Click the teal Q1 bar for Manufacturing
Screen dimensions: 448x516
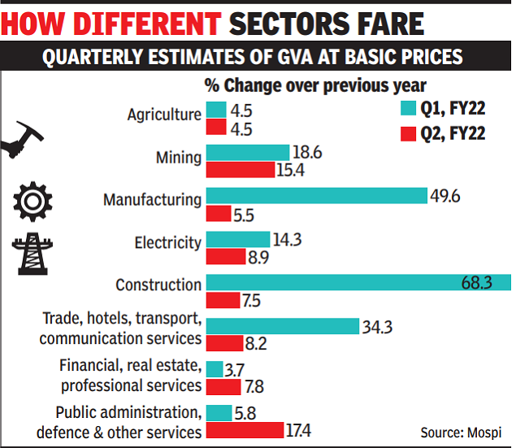click(316, 196)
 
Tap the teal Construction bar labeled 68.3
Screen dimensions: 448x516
click(358, 282)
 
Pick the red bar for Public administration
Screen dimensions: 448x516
click(245, 429)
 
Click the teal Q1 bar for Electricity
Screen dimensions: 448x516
click(237, 239)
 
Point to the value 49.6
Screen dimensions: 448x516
click(449, 196)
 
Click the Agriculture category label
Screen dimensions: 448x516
click(163, 115)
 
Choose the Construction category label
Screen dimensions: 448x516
click(158, 285)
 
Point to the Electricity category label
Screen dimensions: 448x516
click(167, 241)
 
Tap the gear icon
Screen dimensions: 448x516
click(33, 200)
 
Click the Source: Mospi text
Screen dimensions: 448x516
click(460, 432)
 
